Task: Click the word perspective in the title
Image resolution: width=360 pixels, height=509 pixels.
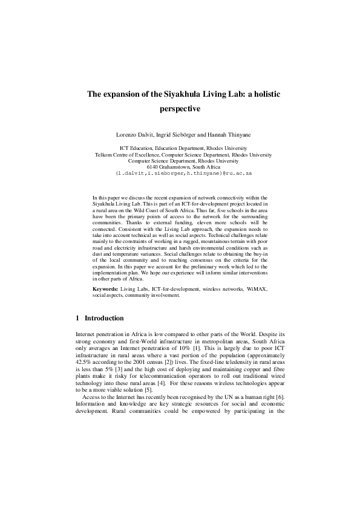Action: tap(180, 109)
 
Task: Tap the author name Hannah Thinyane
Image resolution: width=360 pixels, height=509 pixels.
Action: tap(226, 133)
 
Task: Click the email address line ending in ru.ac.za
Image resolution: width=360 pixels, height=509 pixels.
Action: tap(179, 173)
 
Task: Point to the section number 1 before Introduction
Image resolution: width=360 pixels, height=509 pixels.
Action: tap(77, 318)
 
